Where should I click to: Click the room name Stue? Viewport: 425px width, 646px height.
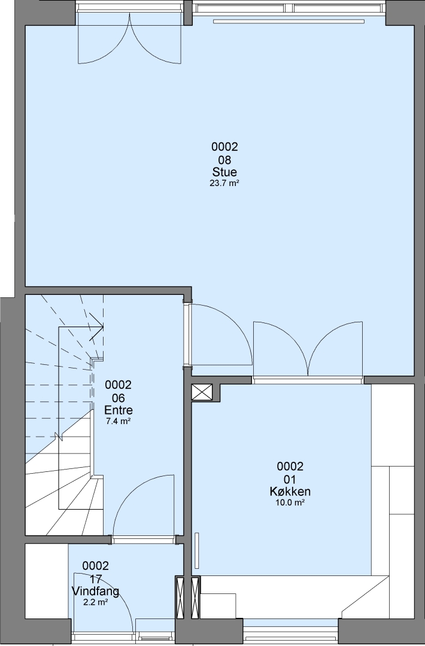[x=224, y=172]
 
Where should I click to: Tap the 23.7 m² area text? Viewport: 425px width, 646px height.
[x=224, y=184]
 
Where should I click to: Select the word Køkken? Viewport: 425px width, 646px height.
[x=290, y=492]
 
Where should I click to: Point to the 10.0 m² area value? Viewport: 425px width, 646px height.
[x=290, y=502]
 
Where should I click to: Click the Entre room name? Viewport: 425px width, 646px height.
[x=119, y=410]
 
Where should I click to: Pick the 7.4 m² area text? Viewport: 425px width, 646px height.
[x=119, y=422]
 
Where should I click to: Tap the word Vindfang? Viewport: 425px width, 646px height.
[x=96, y=592]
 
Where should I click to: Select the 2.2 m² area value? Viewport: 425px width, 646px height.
[x=96, y=602]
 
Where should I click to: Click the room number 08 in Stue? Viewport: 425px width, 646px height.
[x=224, y=160]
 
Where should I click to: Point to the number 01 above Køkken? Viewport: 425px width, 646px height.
[x=290, y=479]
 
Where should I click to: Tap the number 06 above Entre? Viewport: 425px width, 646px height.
[x=119, y=398]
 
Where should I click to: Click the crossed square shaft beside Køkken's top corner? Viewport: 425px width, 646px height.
[x=202, y=392]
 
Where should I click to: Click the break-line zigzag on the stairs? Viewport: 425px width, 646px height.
[x=58, y=436]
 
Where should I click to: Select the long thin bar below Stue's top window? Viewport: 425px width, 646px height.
[x=289, y=20]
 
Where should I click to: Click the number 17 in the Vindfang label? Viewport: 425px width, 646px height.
[x=96, y=579]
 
